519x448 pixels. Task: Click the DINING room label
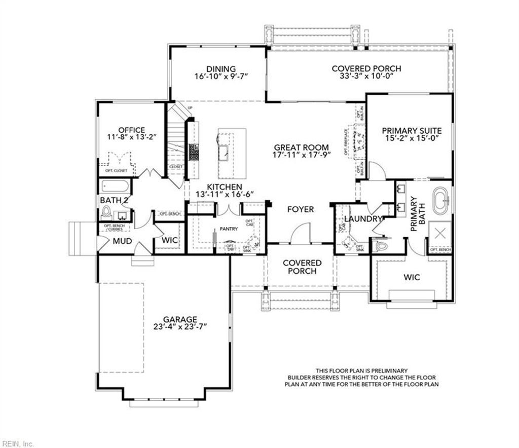pyautogui.click(x=220, y=69)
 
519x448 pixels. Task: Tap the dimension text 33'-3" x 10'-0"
pyautogui.click(x=366, y=76)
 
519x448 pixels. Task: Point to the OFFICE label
pyautogui.click(x=132, y=130)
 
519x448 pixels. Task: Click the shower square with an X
pyautogui.click(x=440, y=234)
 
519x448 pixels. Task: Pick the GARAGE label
pyautogui.click(x=180, y=319)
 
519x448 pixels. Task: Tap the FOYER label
pyautogui.click(x=301, y=209)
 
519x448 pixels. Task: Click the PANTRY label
pyautogui.click(x=229, y=229)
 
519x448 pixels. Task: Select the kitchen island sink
pyautogui.click(x=224, y=151)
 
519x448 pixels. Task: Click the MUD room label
pyautogui.click(x=122, y=241)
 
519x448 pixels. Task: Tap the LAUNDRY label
pyautogui.click(x=363, y=219)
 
